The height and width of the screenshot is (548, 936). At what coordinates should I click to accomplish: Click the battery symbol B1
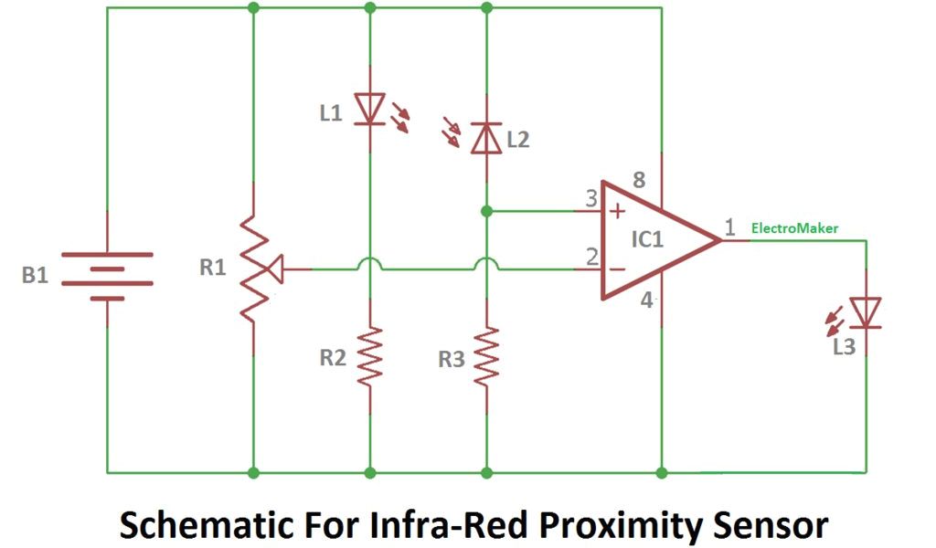107,269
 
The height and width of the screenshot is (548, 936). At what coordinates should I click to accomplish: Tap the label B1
36,275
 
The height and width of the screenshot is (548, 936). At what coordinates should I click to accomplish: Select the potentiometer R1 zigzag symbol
253,269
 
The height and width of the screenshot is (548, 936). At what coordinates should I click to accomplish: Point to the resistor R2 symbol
370,357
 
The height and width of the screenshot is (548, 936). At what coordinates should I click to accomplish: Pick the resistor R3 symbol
486,357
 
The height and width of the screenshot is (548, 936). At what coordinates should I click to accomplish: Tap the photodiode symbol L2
486,138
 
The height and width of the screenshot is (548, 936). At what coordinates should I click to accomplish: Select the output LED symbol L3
865,312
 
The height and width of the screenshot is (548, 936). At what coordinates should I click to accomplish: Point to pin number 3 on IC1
591,198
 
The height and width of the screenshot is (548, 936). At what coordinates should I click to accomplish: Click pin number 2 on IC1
591,257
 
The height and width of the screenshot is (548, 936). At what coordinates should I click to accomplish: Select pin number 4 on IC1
646,300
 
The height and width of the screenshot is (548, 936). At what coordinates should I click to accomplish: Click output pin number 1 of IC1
729,227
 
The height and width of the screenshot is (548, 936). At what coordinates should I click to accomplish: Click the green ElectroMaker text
794,228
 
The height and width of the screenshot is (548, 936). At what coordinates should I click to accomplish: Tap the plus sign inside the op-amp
617,212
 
